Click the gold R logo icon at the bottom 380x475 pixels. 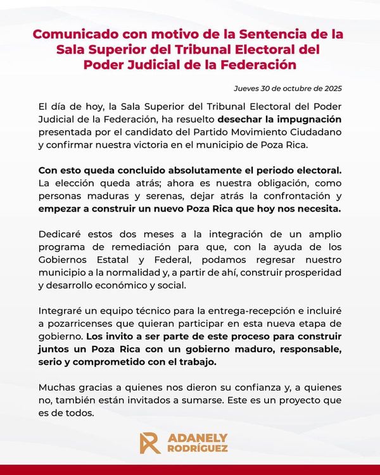coord(149,443)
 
